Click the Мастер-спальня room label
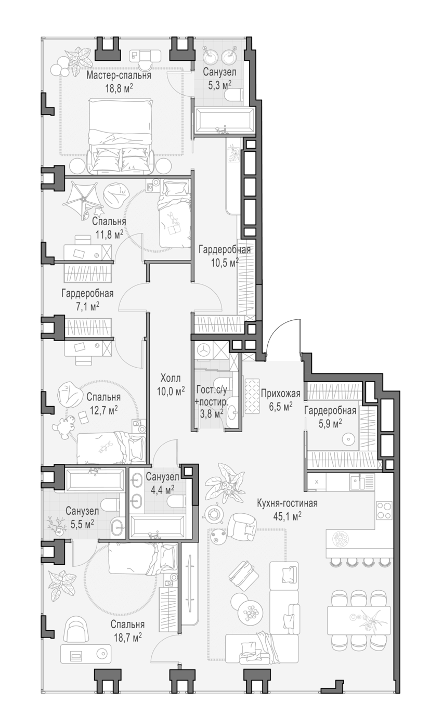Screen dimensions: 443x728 [x=119, y=75]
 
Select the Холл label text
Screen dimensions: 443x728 [x=171, y=378]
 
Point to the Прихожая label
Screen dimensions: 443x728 [x=280, y=394]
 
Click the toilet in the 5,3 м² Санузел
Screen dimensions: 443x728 [x=233, y=95]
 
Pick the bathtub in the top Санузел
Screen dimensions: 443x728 [x=224, y=120]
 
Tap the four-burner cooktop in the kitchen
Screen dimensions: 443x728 [x=384, y=511]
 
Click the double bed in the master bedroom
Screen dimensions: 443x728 [x=121, y=136]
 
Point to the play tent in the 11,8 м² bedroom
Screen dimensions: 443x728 [x=83, y=200]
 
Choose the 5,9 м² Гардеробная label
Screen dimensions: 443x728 [x=330, y=417]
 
